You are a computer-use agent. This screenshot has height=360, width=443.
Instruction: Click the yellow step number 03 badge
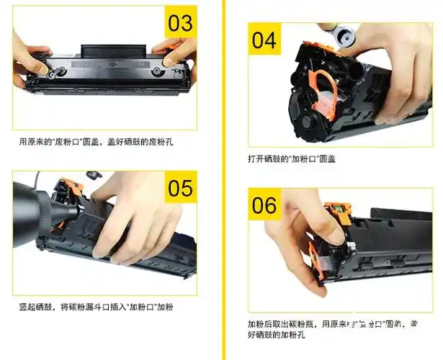(179, 22)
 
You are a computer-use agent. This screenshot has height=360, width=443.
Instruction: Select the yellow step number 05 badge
(179, 188)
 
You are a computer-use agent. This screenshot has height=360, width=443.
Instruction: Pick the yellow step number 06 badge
(264, 205)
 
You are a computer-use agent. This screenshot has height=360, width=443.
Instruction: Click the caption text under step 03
(96, 142)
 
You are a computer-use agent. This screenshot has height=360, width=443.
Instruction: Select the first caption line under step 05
(96, 307)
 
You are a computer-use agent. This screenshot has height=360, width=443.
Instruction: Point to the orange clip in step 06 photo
(318, 256)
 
